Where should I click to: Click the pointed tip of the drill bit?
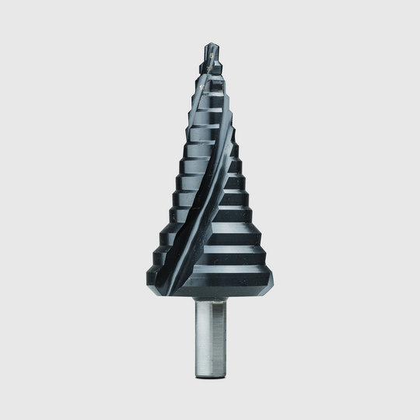click(x=210, y=44)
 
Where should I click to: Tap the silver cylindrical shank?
click(x=210, y=334)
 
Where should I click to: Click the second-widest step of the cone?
click(x=226, y=254)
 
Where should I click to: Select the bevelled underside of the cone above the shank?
click(x=233, y=292)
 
